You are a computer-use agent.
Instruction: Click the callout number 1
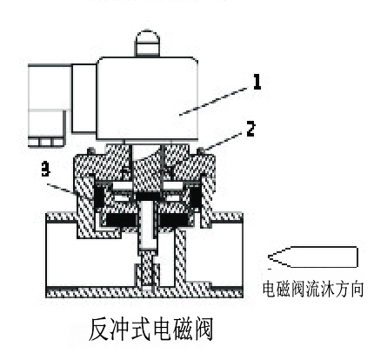257,82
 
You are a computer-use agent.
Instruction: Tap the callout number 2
250,129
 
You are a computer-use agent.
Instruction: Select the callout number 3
45,170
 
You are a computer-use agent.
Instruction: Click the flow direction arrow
313,257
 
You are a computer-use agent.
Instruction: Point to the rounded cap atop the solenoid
147,43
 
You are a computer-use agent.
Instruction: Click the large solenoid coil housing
148,98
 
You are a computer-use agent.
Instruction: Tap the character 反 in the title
99,330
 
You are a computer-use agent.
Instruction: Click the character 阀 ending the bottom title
203,330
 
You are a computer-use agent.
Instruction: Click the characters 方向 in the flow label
349,289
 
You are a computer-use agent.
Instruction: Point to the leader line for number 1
214,101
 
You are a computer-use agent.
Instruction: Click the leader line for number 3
59,188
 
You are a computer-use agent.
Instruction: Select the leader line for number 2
222,142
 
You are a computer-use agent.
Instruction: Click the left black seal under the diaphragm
121,220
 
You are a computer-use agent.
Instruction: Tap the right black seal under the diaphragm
174,220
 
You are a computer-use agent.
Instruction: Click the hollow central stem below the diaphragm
148,225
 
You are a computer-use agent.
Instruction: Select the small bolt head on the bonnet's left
91,150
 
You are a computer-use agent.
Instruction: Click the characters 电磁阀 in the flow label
284,289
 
